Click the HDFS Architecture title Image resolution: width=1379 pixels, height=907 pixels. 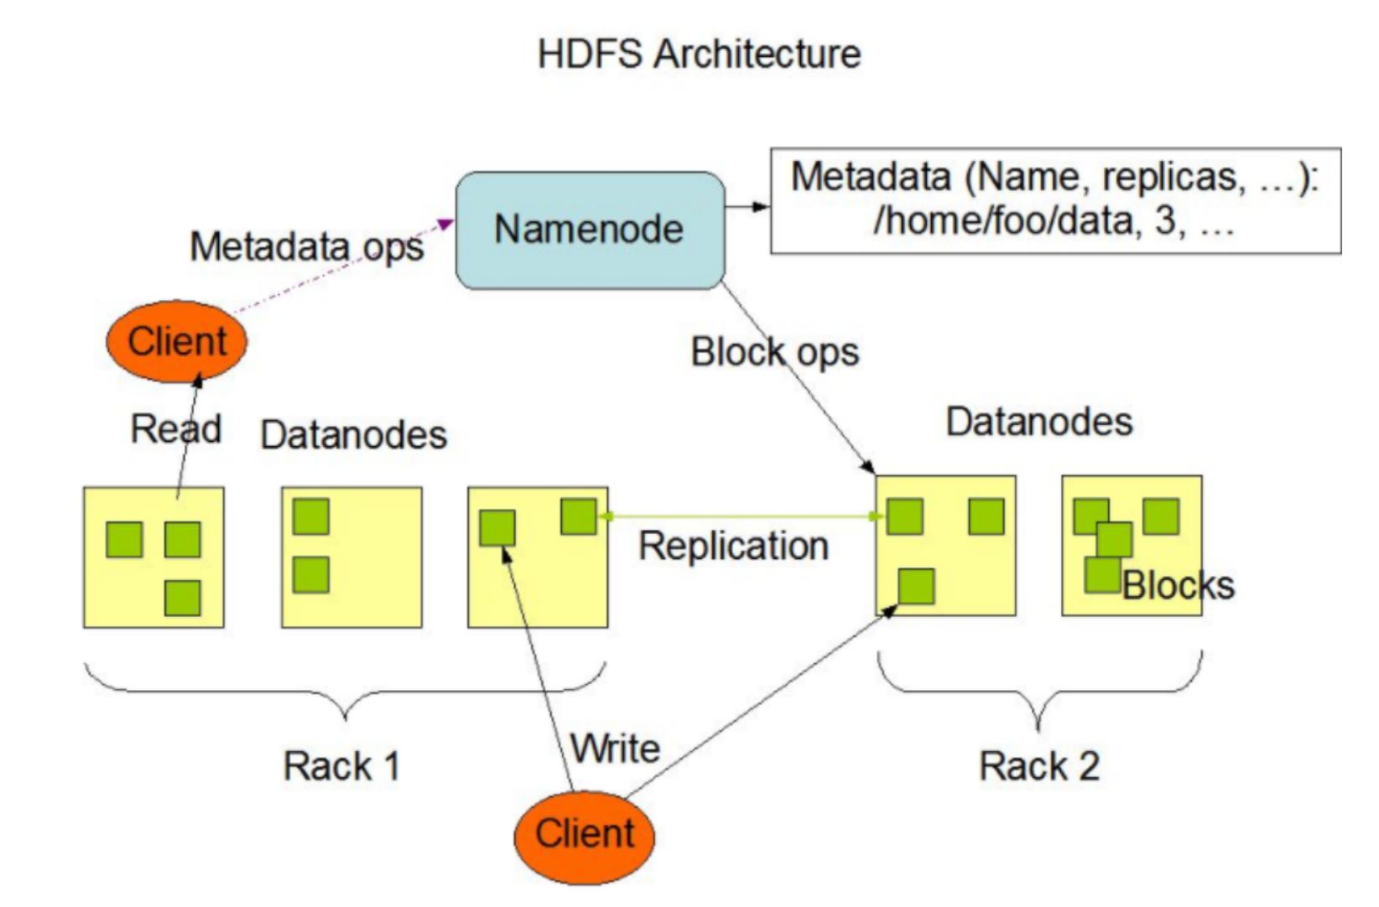699,54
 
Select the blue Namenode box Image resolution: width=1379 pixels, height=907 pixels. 590,231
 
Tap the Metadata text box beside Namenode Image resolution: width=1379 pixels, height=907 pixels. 1055,200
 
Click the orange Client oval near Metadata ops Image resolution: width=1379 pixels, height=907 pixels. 177,342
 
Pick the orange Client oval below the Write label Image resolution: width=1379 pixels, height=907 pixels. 585,835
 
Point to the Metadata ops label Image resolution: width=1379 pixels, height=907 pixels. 306,247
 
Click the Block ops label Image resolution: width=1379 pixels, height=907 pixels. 774,352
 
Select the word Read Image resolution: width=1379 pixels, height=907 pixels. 175,429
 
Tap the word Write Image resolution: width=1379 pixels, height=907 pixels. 616,748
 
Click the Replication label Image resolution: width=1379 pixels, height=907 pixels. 734,547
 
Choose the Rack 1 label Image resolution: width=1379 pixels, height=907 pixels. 341,766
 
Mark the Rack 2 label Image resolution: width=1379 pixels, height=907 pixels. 1039,766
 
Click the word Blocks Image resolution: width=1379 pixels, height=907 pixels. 1179,586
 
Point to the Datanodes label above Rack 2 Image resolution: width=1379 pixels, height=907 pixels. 1039,422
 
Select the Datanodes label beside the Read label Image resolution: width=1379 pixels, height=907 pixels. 353,435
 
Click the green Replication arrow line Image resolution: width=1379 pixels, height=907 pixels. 738,516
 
